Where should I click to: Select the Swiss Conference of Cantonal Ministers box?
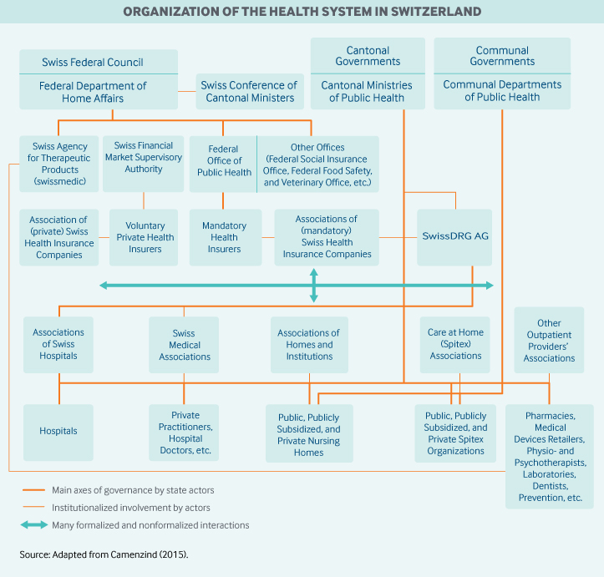[249, 92]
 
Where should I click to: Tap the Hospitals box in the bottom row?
[58, 432]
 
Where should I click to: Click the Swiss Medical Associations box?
[184, 345]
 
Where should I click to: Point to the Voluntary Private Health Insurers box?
[145, 237]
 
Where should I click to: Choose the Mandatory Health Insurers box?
[224, 237]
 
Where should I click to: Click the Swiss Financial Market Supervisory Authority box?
[144, 158]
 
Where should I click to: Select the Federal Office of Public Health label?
[224, 161]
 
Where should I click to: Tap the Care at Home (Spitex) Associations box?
[455, 344]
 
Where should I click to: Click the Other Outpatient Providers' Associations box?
[549, 341]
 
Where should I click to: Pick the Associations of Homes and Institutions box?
[308, 345]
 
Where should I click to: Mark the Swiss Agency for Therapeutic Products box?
[59, 164]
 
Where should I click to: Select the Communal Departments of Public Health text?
[502, 91]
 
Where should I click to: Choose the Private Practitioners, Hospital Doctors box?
[184, 433]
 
